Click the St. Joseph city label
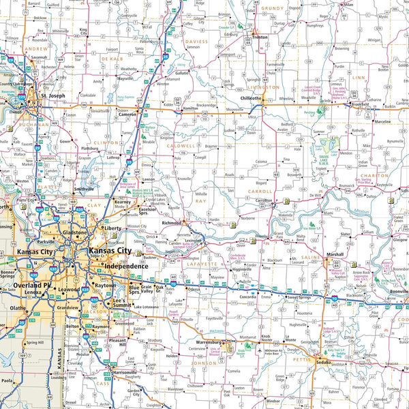(x=52, y=96)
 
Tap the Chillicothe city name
(x=251, y=98)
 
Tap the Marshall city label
(x=335, y=254)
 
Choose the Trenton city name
(x=260, y=37)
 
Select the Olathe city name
(x=18, y=308)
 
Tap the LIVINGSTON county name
(x=263, y=87)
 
